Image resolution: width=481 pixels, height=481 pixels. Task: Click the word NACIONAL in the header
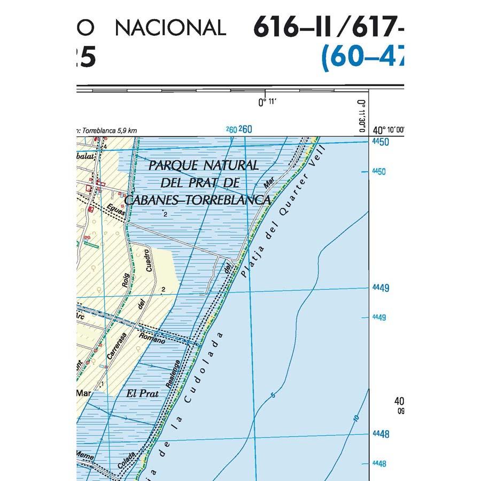point(170,27)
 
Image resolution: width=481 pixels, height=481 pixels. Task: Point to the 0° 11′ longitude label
point(266,102)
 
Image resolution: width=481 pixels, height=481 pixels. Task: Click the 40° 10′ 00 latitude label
point(389,130)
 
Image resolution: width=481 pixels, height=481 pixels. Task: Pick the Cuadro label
point(149,262)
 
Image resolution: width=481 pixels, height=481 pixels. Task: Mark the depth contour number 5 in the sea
point(273,395)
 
